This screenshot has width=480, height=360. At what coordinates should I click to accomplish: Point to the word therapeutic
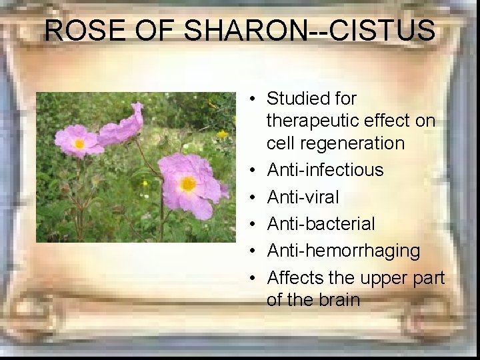(x=313, y=121)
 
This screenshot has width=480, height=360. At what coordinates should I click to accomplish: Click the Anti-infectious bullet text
(x=325, y=170)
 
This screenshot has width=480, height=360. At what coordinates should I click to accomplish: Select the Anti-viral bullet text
(x=303, y=197)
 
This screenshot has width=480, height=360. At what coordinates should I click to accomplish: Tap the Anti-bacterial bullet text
(x=321, y=224)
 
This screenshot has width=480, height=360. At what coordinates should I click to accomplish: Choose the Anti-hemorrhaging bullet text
(x=343, y=251)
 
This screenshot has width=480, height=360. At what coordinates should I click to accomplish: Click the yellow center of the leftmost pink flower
(x=79, y=143)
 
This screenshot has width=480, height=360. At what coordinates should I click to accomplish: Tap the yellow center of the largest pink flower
(x=188, y=183)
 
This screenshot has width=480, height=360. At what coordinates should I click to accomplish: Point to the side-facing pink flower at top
(x=122, y=126)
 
